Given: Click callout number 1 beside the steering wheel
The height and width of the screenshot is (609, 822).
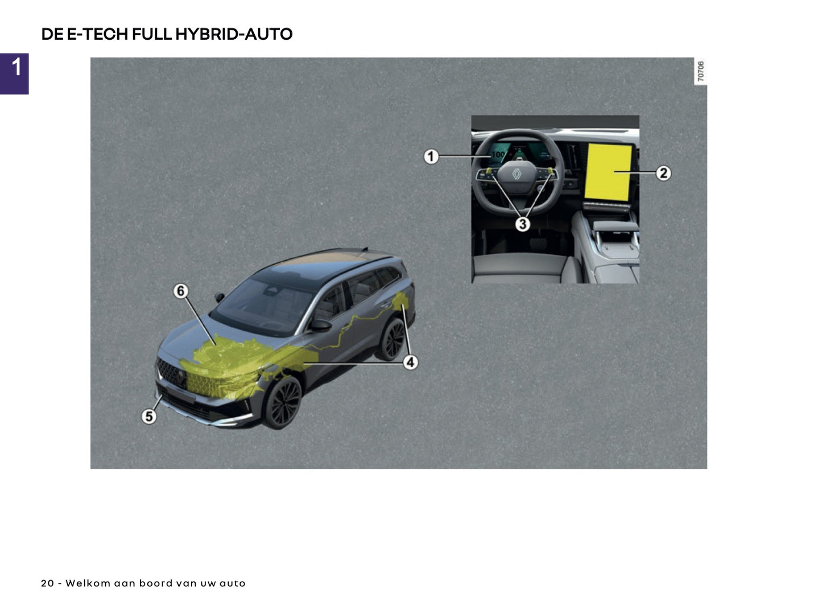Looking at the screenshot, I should (x=431, y=156).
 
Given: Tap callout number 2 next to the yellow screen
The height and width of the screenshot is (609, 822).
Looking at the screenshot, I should (x=663, y=173).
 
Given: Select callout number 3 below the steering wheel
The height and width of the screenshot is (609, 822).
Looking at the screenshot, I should (x=522, y=224).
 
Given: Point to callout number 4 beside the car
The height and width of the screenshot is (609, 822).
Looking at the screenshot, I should (x=410, y=362).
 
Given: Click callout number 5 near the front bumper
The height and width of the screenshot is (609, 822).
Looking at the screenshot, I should (x=149, y=416).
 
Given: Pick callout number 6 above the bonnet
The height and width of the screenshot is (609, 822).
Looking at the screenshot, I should (x=180, y=291).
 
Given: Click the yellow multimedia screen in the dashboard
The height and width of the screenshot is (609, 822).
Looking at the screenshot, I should (x=609, y=172).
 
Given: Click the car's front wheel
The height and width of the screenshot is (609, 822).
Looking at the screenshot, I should (x=283, y=402).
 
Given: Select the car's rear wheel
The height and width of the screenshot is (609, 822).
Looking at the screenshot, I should (x=393, y=340).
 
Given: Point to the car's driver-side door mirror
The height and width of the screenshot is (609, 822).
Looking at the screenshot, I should (x=321, y=326).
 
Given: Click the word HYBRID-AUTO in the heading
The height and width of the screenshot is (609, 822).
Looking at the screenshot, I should (x=234, y=34).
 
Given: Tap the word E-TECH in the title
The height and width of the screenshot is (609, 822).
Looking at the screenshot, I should (x=98, y=34).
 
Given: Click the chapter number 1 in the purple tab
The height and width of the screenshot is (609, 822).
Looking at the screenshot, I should (x=16, y=67).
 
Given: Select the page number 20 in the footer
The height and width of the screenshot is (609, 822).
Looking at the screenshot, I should (x=47, y=583).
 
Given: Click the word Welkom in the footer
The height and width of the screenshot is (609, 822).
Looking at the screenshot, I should (x=88, y=583).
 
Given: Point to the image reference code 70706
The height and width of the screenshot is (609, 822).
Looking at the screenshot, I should (x=701, y=72).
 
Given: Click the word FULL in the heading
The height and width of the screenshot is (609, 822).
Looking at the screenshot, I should (x=152, y=34).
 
